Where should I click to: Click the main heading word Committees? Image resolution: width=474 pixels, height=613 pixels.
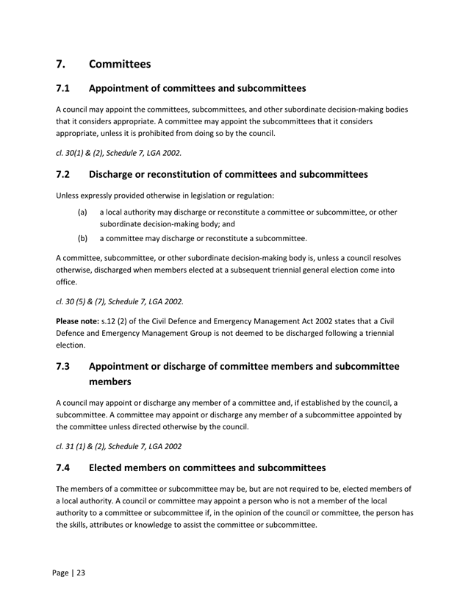click(120, 64)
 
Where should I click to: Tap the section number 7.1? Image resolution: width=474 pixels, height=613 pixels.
click(63, 89)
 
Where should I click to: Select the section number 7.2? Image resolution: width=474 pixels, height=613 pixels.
click(63, 175)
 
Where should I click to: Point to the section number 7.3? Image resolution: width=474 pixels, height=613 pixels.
click(63, 366)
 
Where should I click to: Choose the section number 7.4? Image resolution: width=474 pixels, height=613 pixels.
click(63, 467)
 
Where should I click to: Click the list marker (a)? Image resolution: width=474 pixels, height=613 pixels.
click(83, 212)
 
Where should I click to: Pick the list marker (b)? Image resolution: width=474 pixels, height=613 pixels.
click(83, 238)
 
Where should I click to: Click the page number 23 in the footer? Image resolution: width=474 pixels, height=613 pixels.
click(81, 573)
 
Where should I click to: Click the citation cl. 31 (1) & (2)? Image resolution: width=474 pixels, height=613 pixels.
click(94, 445)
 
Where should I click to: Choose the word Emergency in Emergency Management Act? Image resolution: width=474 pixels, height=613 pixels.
click(222, 321)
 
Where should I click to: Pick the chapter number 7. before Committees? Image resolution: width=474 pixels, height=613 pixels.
click(62, 64)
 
